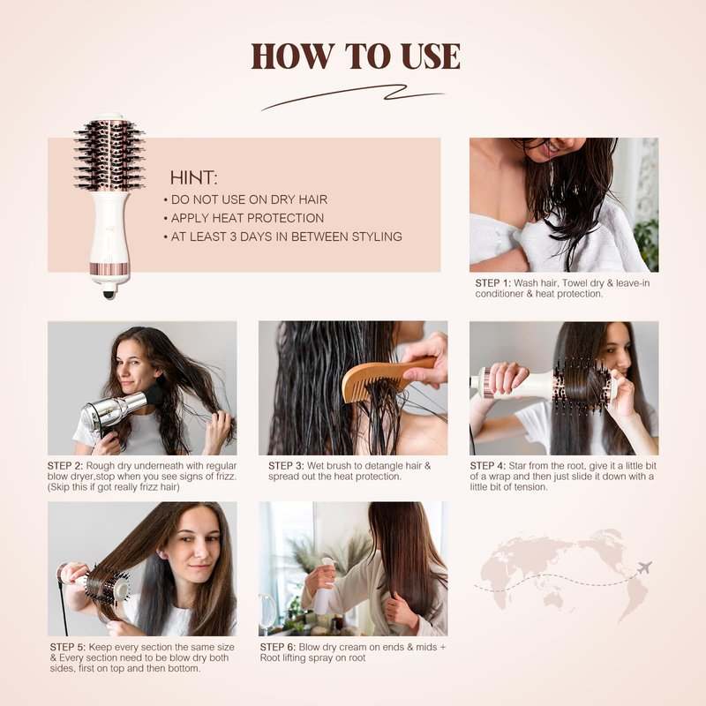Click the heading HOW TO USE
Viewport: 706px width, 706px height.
[x=356, y=56]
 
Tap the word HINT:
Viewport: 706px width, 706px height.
[x=193, y=178]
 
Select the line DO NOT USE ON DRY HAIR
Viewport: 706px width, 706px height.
[x=249, y=199]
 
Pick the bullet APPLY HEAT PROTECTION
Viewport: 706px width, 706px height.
[x=247, y=218]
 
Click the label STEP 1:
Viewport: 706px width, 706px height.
[x=493, y=283]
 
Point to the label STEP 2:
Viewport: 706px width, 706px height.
[x=65, y=466]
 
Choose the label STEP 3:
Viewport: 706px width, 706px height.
[x=286, y=466]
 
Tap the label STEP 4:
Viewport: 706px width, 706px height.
[x=488, y=466]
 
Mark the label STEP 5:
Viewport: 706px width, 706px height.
[x=68, y=647]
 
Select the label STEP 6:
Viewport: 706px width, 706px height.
[x=278, y=647]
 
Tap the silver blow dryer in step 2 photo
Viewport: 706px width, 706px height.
[x=118, y=409]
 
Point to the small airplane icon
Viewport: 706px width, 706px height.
[x=645, y=567]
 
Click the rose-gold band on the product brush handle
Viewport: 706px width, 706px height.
[x=110, y=269]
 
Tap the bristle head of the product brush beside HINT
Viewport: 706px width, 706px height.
[x=109, y=153]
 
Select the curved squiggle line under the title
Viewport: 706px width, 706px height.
[x=352, y=96]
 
